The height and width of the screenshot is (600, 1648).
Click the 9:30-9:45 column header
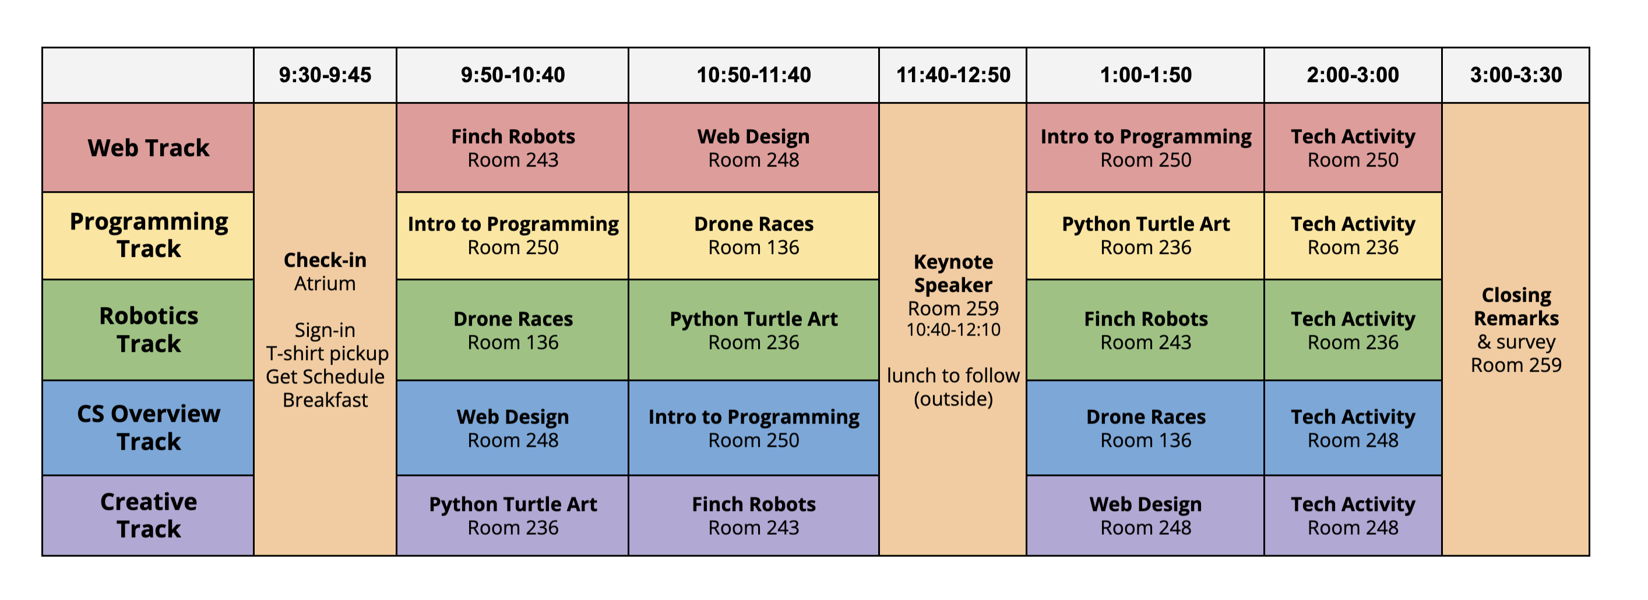(325, 75)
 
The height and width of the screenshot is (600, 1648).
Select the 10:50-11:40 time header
(753, 75)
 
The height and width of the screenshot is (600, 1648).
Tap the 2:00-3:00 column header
(1353, 75)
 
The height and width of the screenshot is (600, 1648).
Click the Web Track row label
(149, 148)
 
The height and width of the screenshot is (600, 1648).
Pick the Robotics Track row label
(149, 330)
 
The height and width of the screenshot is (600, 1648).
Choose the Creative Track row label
(149, 516)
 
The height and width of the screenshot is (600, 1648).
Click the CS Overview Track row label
(149, 428)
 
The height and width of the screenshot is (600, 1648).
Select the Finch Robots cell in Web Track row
(513, 148)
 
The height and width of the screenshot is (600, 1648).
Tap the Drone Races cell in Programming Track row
(753, 235)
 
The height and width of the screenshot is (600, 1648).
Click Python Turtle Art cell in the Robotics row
(753, 330)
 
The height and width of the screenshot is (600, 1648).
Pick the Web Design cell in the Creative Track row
(1146, 516)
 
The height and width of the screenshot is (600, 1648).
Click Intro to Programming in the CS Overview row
(753, 428)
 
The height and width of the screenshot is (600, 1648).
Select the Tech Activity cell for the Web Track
(1353, 148)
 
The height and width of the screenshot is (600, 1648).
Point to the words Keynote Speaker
(953, 273)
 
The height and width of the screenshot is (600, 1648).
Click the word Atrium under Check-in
(325, 283)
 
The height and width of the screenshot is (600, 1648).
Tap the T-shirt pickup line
(328, 354)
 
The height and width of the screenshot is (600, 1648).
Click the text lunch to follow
(953, 376)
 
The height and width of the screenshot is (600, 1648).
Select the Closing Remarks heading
(1516, 306)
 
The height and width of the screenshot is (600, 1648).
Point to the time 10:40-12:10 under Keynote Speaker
(953, 330)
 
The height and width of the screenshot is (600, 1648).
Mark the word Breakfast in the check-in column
(325, 400)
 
